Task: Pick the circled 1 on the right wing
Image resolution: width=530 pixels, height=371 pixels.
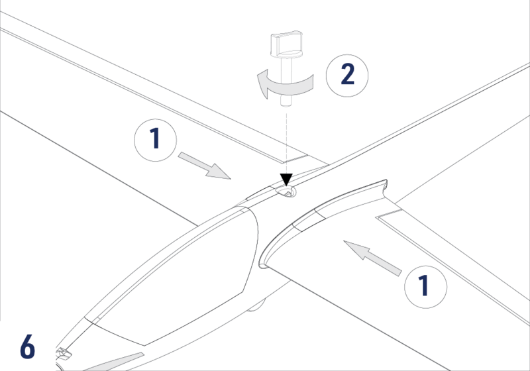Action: (425, 286)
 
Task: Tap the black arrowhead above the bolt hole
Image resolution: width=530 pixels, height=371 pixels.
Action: (286, 179)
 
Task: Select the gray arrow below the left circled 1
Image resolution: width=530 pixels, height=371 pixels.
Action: (203, 166)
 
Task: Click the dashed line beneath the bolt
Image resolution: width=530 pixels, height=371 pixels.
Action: (285, 139)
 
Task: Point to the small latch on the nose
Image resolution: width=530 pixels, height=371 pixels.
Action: (63, 353)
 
